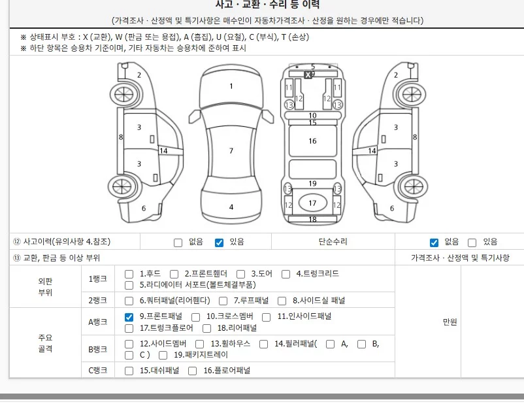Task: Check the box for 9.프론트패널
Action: point(129,317)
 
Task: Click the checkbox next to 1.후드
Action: point(129,275)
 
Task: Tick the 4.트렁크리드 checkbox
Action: point(286,275)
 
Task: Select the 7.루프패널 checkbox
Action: point(223,301)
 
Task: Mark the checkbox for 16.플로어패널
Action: point(192,371)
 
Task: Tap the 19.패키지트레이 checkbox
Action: point(163,355)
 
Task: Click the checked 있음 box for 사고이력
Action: point(219,243)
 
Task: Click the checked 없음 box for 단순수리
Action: point(434,243)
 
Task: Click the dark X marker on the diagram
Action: point(308,75)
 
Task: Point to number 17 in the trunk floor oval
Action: point(312,203)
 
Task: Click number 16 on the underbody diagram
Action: point(312,141)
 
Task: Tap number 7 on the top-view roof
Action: point(231,151)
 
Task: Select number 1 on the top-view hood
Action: point(231,86)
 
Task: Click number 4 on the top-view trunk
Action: point(231,207)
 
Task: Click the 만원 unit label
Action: point(450,322)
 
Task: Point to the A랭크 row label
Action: point(97,322)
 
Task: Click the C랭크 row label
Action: point(97,370)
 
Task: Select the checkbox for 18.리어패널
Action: point(207,328)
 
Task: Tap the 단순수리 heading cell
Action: point(333,241)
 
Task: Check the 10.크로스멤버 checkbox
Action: point(195,317)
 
